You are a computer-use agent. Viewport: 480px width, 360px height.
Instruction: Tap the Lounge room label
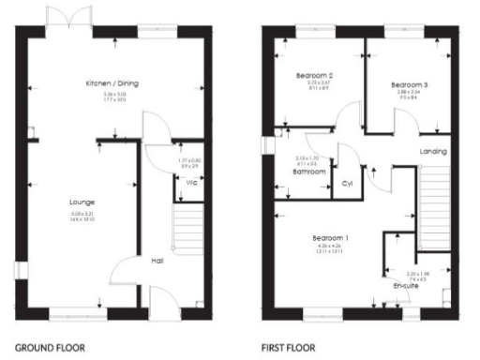82,202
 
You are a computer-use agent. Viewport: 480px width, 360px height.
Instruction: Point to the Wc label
190,182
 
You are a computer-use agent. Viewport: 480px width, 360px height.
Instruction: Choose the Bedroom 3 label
409,84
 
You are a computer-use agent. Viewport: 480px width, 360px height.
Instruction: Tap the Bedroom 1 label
330,239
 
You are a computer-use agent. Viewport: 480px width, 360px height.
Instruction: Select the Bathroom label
308,172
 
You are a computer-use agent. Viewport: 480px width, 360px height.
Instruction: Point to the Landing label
433,152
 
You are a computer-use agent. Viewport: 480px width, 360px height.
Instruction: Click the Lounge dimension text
82,217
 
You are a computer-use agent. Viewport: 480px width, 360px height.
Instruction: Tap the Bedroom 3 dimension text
409,97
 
